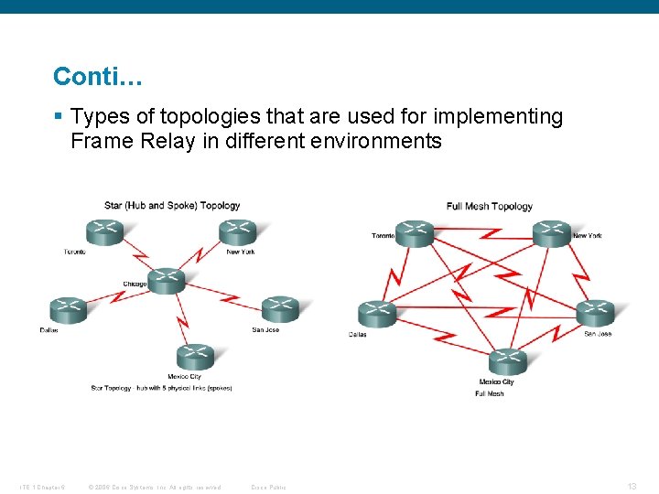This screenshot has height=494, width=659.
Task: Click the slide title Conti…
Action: coord(97,76)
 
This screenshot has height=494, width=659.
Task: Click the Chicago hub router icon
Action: coord(166,281)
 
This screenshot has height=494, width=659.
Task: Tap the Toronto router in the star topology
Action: coord(104,232)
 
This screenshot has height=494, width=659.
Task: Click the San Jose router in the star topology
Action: coord(280,310)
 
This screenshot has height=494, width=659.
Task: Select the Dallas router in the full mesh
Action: coord(377,314)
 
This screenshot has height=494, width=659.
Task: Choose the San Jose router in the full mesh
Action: coord(595,313)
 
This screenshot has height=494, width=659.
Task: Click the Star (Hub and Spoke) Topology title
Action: coord(172,206)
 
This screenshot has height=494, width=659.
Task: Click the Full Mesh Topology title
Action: coord(489,206)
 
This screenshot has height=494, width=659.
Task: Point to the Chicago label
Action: coord(135,284)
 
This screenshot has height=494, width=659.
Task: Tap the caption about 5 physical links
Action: coord(161,388)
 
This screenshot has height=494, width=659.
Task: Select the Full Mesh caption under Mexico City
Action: coord(489,393)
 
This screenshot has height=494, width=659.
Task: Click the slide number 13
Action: coord(632,486)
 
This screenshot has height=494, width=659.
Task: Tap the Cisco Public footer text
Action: coord(268,487)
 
